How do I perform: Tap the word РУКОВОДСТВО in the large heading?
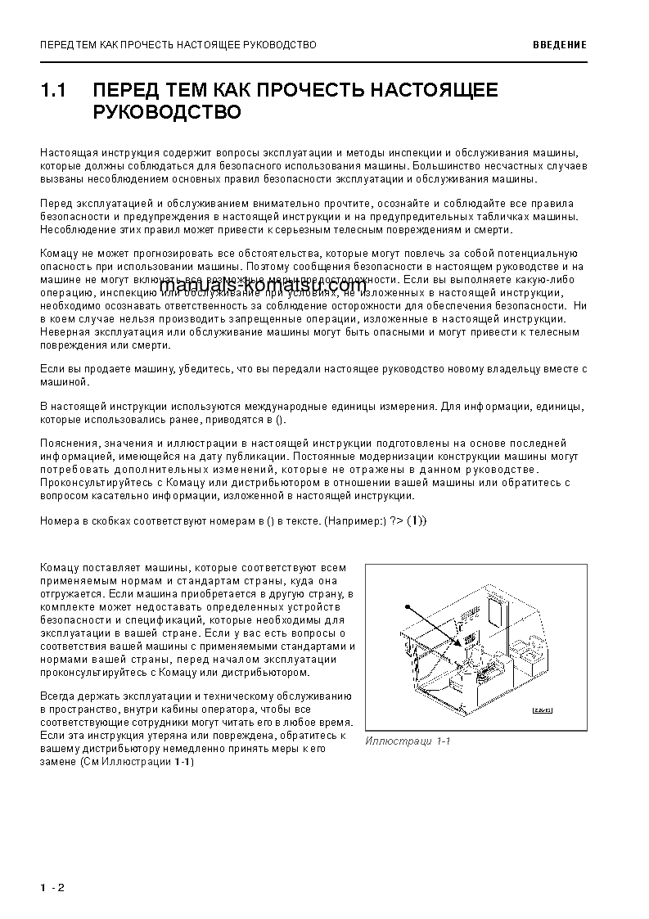pyautogui.click(x=167, y=112)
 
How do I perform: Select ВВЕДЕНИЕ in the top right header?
pyautogui.click(x=559, y=45)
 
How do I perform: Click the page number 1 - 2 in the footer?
pyautogui.click(x=51, y=889)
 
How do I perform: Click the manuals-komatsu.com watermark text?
pyautogui.click(x=262, y=286)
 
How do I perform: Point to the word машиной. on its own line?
pyautogui.click(x=62, y=381)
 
